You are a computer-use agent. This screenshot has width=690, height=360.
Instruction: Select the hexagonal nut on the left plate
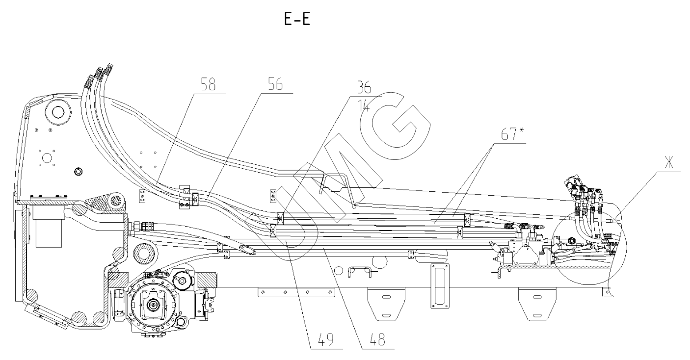78,171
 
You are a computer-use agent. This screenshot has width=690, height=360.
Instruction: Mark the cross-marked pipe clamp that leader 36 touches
282,216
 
